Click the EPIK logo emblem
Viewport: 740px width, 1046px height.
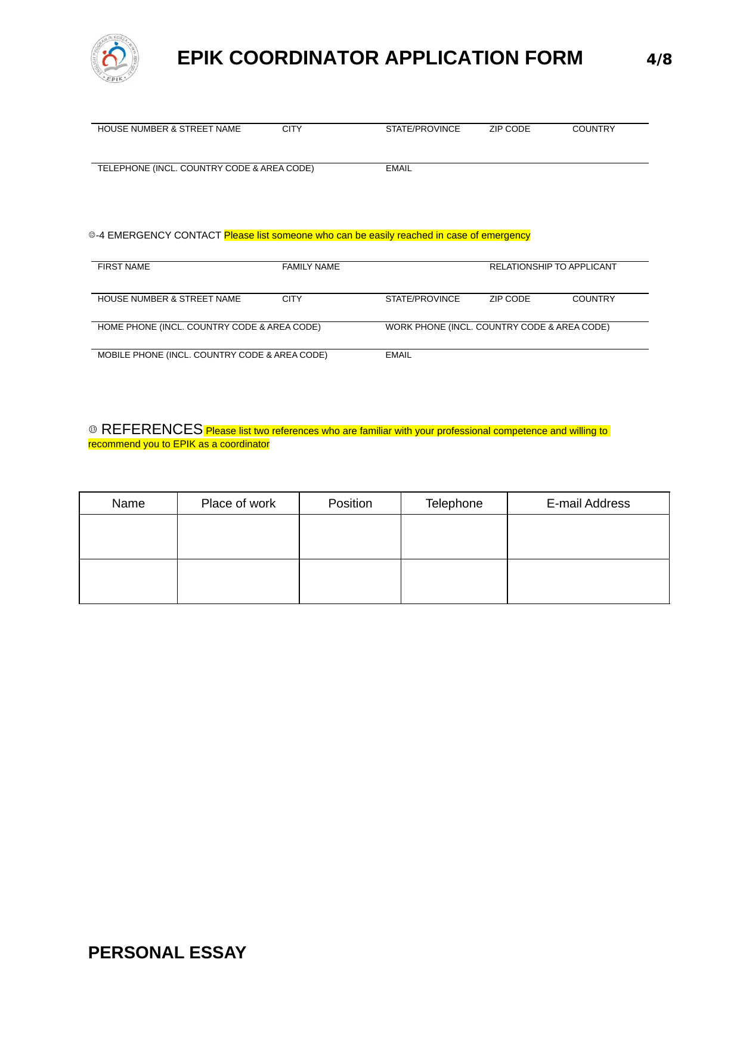click(x=115, y=58)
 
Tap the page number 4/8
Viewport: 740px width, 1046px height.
click(x=659, y=59)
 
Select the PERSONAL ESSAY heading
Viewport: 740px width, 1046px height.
click(x=167, y=952)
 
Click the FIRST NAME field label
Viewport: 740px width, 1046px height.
click(x=123, y=267)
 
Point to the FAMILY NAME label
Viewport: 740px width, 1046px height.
click(x=311, y=267)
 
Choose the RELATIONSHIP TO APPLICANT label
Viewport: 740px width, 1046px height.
click(x=553, y=267)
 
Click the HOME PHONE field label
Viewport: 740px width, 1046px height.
click(x=209, y=327)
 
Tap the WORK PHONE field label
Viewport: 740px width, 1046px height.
click(x=497, y=327)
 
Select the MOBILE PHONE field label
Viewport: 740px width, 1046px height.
click(x=212, y=355)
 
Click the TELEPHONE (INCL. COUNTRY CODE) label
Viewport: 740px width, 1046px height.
click(x=206, y=168)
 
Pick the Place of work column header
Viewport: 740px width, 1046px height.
click(x=238, y=503)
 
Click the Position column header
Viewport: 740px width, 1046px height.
click(x=350, y=503)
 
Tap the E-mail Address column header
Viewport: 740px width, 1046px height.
click(x=588, y=503)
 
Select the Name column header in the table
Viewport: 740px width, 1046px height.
click(x=128, y=503)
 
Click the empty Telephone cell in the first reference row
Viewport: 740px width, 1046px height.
click(x=454, y=537)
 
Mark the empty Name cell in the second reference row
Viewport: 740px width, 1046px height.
click(x=128, y=581)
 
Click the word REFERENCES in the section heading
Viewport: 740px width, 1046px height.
click(x=152, y=429)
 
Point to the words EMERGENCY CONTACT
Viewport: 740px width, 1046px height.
click(x=164, y=236)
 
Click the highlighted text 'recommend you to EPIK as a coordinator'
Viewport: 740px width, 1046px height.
click(x=179, y=444)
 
